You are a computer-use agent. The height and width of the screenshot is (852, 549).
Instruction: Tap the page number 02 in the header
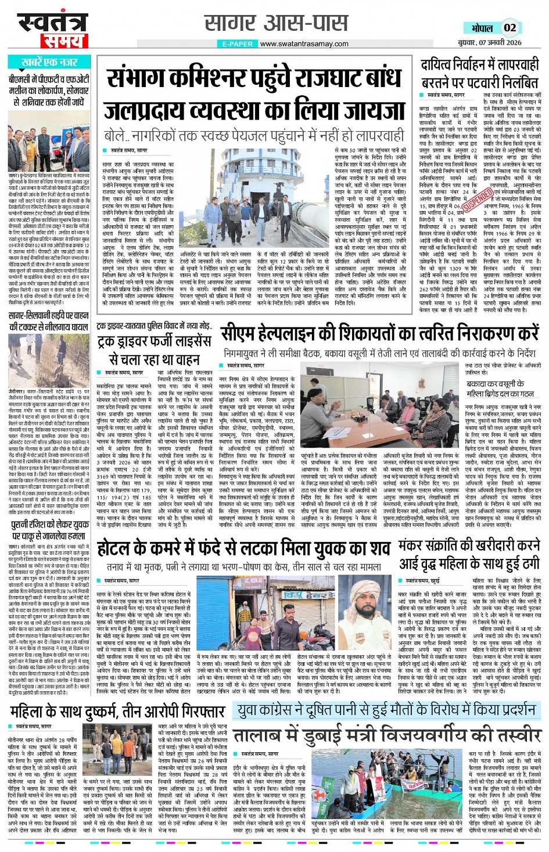coord(509,27)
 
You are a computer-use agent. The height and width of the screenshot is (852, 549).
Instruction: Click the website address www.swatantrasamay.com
coord(304,44)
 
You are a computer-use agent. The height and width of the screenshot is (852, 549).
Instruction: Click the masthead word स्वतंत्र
coord(52,22)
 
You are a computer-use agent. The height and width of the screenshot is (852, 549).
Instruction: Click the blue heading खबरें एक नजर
coord(49,62)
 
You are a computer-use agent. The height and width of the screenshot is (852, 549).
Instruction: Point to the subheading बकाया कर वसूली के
coord(496,388)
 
